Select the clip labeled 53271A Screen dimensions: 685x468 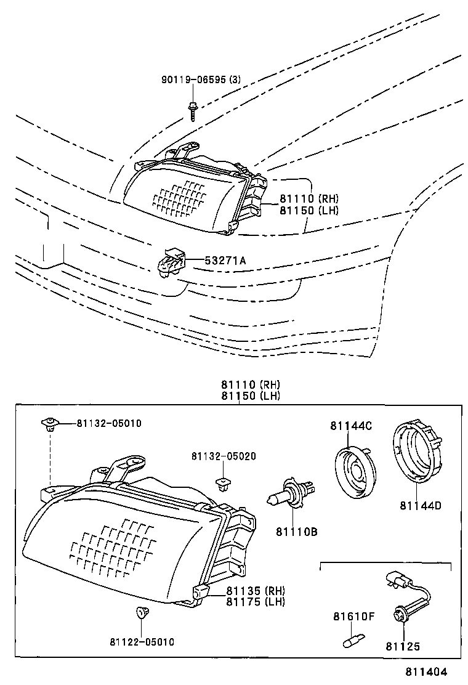(x=171, y=262)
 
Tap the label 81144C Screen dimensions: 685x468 (x=350, y=426)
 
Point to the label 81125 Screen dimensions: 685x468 (x=403, y=646)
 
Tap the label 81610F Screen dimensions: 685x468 (x=353, y=616)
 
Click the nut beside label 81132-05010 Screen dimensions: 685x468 (x=49, y=423)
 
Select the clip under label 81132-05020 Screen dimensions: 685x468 (x=222, y=484)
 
